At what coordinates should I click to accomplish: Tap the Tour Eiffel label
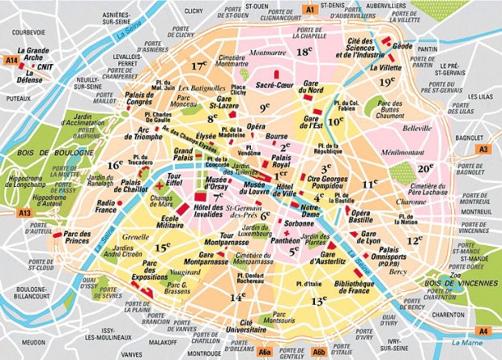173,180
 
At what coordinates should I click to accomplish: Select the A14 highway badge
11,60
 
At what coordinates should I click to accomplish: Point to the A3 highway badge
483,150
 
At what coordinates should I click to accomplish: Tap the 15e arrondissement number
163,248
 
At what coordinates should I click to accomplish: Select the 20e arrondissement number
427,167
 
